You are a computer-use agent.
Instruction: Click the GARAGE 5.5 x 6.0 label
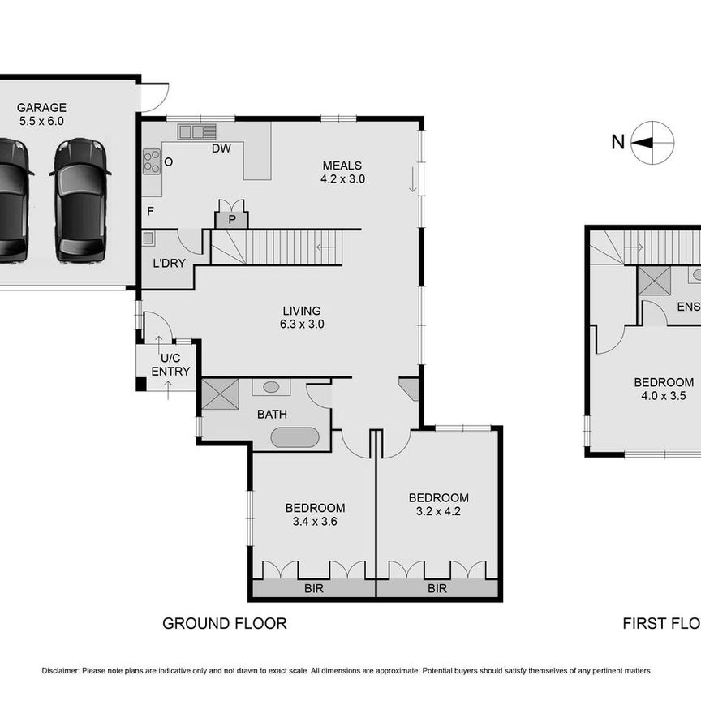pyautogui.click(x=41, y=114)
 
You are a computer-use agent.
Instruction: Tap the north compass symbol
pyautogui.click(x=652, y=143)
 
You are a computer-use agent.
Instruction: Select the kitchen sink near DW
pyautogui.click(x=197, y=131)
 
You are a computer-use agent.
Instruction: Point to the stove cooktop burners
pyautogui.click(x=152, y=161)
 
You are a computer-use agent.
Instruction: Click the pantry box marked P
pyautogui.click(x=231, y=219)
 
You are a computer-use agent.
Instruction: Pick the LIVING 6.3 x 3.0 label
pyautogui.click(x=302, y=317)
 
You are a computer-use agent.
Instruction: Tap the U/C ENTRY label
pyautogui.click(x=170, y=364)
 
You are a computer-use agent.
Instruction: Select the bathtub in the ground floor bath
pyautogui.click(x=296, y=438)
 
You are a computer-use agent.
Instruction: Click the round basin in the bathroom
pyautogui.click(x=271, y=387)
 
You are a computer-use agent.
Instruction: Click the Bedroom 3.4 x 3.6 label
pyautogui.click(x=315, y=514)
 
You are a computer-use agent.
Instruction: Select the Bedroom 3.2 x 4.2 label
pyautogui.click(x=438, y=504)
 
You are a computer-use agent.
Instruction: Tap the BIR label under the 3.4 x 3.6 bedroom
pyautogui.click(x=313, y=588)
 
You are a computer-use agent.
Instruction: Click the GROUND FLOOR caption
pyautogui.click(x=224, y=623)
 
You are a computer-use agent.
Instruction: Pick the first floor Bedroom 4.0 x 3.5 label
pyautogui.click(x=663, y=389)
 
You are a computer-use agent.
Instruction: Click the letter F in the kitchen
pyautogui.click(x=150, y=211)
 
